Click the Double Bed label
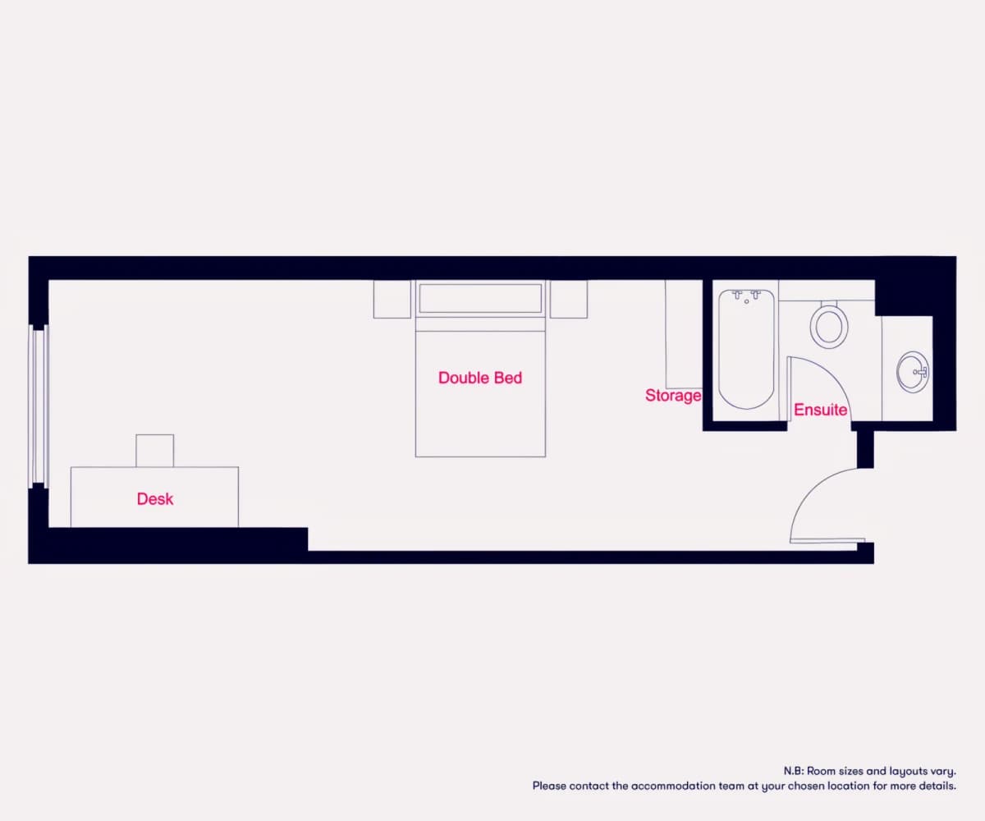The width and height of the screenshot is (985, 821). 480,378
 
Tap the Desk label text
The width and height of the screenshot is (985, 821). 155,498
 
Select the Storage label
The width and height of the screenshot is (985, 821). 673,396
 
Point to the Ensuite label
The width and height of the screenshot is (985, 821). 820,410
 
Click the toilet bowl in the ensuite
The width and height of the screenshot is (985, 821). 829,327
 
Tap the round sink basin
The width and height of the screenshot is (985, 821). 913,372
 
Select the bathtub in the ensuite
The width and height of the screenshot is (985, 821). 746,349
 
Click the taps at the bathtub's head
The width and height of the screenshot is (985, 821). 746,296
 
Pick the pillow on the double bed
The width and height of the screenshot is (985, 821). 480,298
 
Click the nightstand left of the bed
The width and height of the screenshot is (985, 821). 392,299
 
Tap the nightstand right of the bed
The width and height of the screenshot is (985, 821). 569,299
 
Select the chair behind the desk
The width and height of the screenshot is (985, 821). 155,451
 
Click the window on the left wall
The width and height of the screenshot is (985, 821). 39,406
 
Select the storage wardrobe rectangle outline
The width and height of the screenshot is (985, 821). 684,334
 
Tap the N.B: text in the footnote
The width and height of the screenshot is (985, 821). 794,771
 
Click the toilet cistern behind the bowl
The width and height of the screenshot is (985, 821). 829,304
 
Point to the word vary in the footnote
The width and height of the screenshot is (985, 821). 943,772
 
